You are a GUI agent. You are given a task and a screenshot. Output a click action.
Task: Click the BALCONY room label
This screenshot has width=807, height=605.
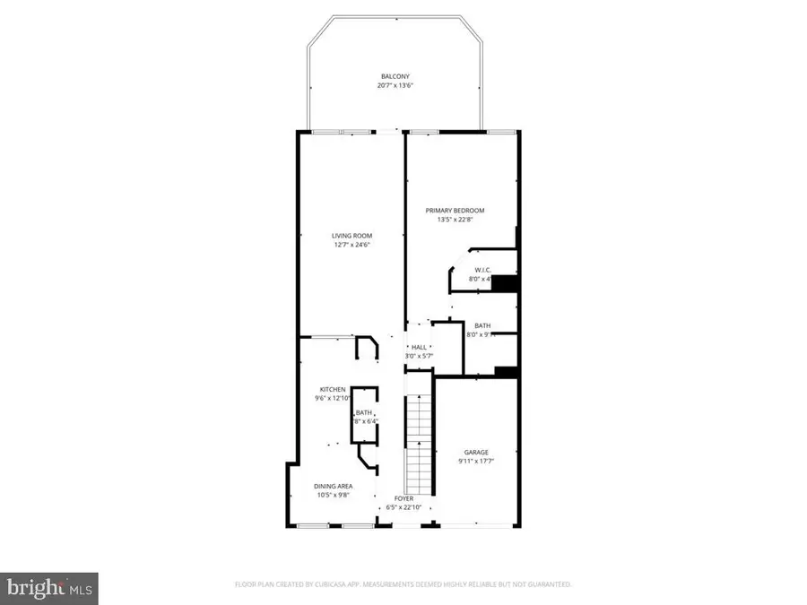(395, 76)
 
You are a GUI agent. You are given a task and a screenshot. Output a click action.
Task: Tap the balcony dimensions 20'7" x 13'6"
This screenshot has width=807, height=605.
(395, 86)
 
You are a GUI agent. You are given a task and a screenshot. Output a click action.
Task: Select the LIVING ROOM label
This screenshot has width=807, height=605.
(351, 236)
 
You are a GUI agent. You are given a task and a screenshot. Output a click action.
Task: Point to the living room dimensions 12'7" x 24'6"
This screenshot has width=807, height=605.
(351, 246)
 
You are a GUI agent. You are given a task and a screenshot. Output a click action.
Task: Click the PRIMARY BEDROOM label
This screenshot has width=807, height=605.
(461, 210)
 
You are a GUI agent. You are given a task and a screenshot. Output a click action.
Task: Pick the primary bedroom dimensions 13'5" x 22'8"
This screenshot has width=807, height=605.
(461, 220)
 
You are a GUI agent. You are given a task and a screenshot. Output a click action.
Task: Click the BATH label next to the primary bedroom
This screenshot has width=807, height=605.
(482, 326)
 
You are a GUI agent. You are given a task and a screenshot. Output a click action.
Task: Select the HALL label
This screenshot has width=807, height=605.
(419, 347)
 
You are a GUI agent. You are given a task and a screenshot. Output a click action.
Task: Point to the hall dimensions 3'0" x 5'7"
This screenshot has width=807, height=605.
(419, 357)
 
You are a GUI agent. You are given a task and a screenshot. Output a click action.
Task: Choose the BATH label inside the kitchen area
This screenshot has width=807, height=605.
(363, 412)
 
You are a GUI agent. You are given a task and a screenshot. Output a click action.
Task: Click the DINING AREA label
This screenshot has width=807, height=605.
(333, 486)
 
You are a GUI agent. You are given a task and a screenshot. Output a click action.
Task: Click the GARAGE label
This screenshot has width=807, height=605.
(476, 452)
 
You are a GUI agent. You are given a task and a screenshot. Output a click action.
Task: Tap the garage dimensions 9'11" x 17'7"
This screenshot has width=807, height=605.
(476, 462)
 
